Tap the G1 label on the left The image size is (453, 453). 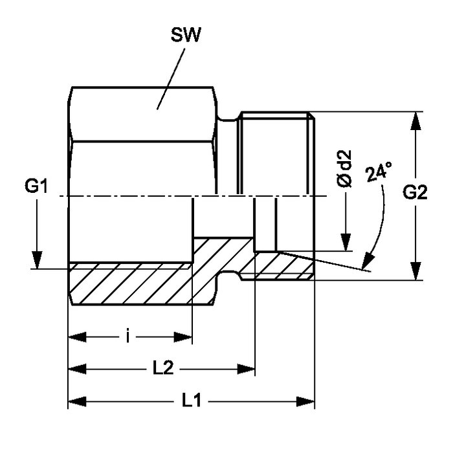click(x=37, y=188)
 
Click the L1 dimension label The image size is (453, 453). click(x=192, y=401)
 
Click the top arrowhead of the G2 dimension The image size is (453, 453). click(x=414, y=120)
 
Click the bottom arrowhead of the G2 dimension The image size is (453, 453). click(x=414, y=272)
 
